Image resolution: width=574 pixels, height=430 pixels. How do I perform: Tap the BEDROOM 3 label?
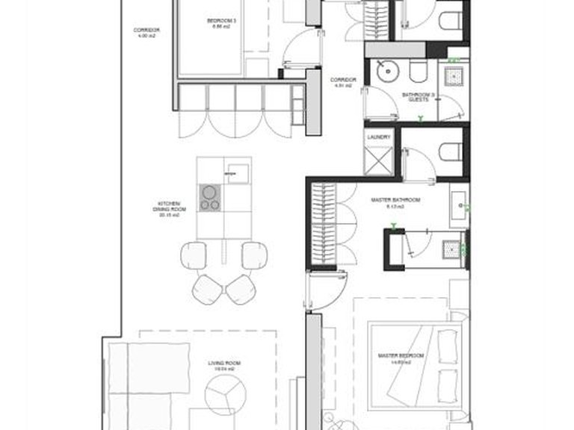(x=222, y=23)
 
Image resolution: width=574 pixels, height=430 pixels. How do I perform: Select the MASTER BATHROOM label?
(x=395, y=204)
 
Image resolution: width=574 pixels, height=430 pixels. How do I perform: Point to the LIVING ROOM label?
(x=221, y=366)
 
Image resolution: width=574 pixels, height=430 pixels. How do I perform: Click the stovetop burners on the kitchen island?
(x=210, y=196)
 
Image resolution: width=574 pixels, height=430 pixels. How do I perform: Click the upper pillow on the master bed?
(x=450, y=344)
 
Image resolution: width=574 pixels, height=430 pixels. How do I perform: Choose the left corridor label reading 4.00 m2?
(x=146, y=31)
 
